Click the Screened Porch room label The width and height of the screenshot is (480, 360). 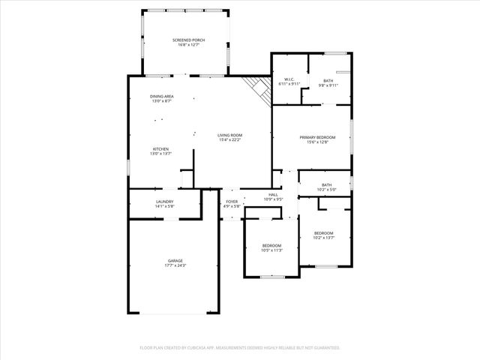188,40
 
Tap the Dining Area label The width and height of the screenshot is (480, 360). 162,96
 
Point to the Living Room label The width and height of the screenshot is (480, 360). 230,135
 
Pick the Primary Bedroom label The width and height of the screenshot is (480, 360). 317,137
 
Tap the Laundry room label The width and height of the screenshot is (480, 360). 165,201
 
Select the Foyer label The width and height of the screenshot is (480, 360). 232,201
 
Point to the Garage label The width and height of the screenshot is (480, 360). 175,260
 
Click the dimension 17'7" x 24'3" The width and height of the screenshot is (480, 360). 175,265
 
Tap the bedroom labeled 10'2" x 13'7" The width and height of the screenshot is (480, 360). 324,235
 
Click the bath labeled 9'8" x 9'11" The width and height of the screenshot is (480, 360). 328,82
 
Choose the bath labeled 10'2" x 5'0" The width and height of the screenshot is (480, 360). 326,187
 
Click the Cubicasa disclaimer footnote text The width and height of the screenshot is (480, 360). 240,348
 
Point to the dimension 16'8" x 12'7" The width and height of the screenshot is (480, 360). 188,45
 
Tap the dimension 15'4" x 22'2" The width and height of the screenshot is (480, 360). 230,139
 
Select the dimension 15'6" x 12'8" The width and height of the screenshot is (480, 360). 317,142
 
